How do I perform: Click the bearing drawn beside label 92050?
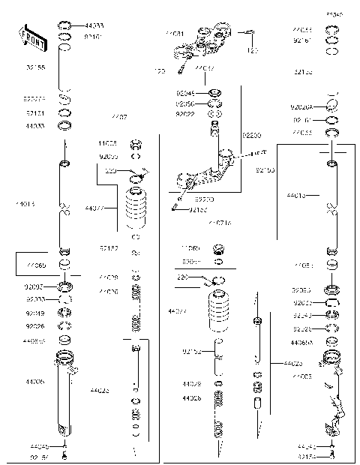(x=215, y=103)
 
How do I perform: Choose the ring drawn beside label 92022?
(x=215, y=113)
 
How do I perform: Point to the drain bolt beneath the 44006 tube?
(x=66, y=454)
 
